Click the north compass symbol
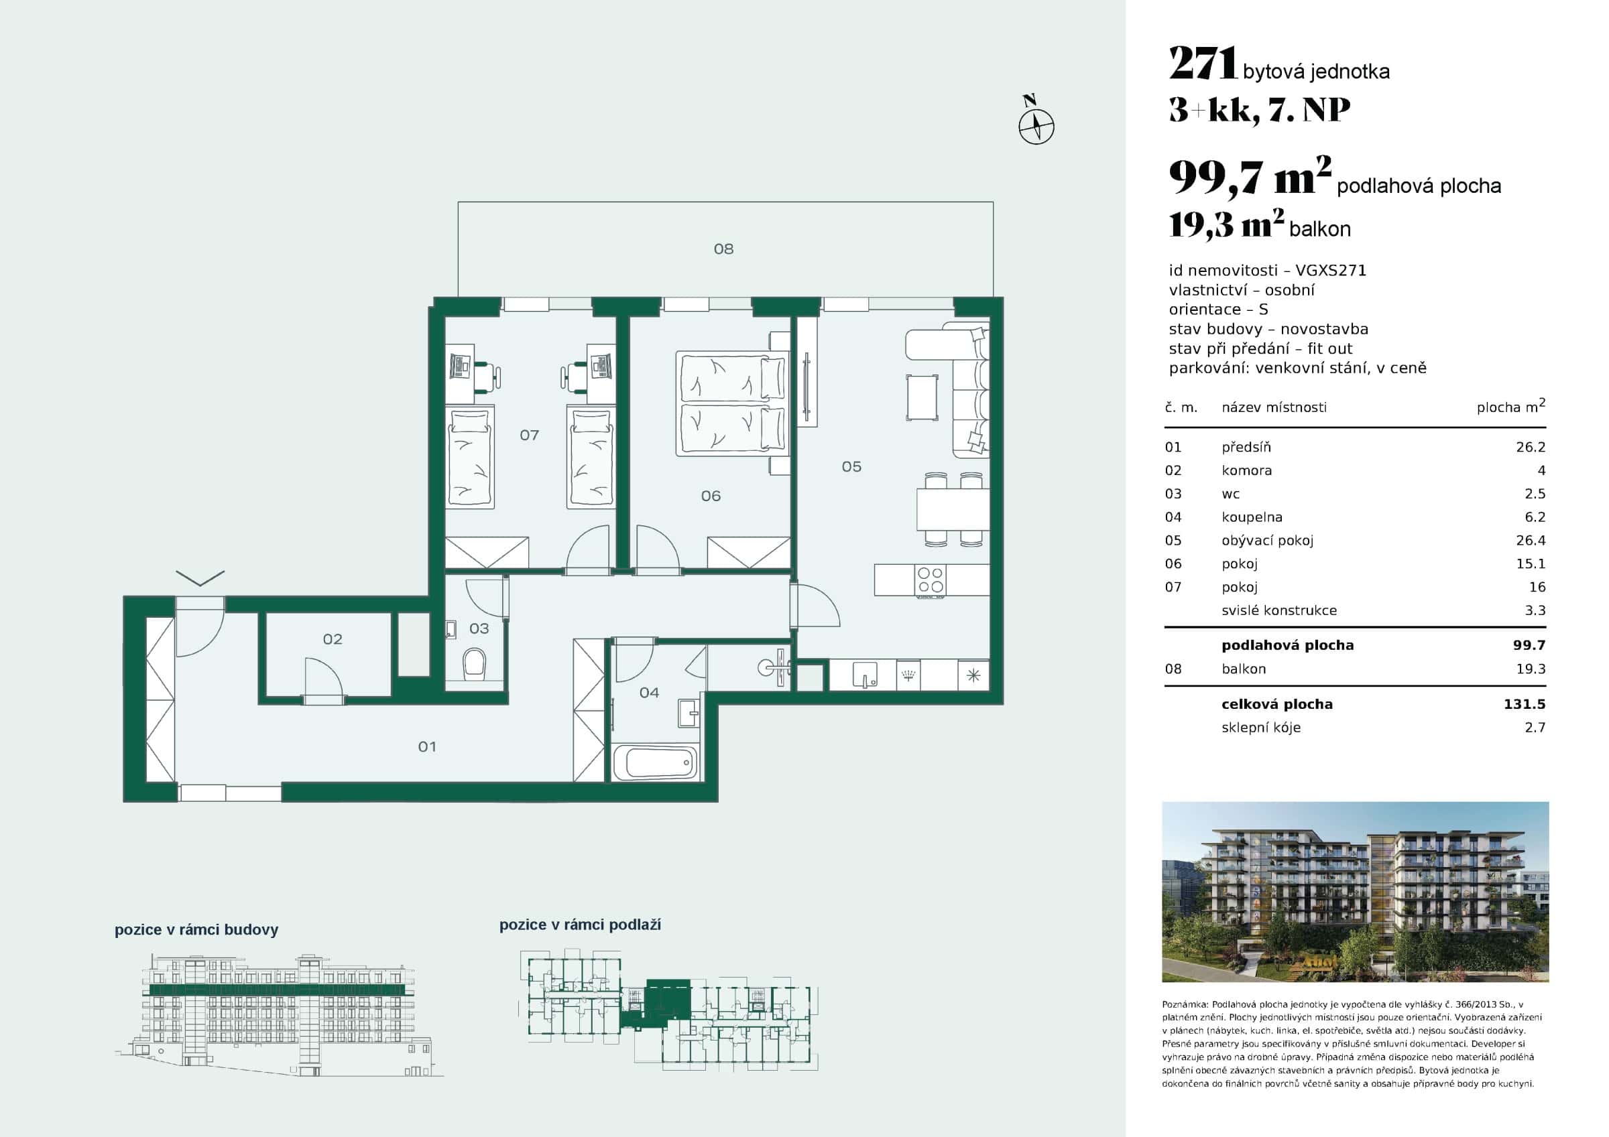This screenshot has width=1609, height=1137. (1036, 127)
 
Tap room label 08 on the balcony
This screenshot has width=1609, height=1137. (723, 249)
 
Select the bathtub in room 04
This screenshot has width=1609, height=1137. (656, 762)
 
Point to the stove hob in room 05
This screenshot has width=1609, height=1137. (931, 580)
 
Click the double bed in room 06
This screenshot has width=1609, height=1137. (731, 403)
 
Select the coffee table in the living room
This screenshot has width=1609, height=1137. (922, 397)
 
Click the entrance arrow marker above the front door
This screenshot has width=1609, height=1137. (200, 578)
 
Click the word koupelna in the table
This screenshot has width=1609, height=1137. (1252, 517)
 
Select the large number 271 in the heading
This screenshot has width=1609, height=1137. (1203, 64)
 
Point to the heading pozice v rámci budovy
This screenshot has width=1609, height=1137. (196, 930)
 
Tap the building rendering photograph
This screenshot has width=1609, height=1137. (1355, 892)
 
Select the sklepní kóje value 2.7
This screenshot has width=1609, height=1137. (1534, 727)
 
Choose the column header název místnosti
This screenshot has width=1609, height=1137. (1273, 407)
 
